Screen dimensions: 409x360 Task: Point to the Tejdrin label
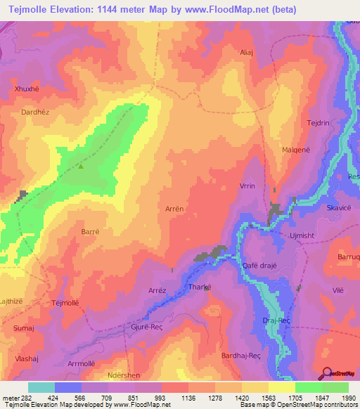click(x=319, y=123)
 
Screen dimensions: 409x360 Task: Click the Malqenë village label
click(x=296, y=149)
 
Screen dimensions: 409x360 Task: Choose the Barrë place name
click(x=71, y=231)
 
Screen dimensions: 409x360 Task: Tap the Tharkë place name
click(x=200, y=287)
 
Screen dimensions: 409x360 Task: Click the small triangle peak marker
click(x=82, y=167)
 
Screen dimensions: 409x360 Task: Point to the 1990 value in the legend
click(x=347, y=398)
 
